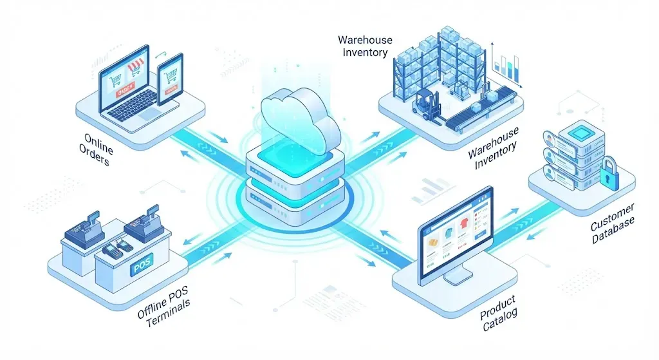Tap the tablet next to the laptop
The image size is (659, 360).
(170, 79)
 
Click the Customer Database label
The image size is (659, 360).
(613, 223)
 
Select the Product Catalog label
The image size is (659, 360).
(499, 313)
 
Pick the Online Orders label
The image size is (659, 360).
(96, 149)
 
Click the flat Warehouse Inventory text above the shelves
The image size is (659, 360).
(365, 46)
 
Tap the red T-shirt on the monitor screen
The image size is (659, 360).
(464, 222)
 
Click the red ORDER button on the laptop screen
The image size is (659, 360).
(125, 90)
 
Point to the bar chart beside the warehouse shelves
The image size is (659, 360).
(506, 66)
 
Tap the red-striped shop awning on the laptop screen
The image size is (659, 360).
(135, 66)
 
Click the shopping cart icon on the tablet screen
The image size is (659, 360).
(171, 77)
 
